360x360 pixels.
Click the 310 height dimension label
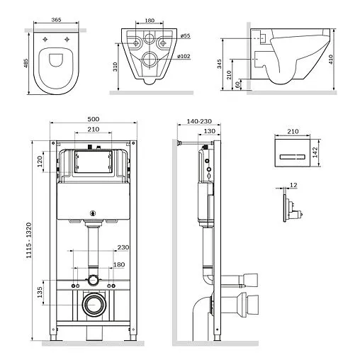[x=115, y=67]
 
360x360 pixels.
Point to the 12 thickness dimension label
[x=292, y=185]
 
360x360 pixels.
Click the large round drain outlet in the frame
[x=91, y=305]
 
